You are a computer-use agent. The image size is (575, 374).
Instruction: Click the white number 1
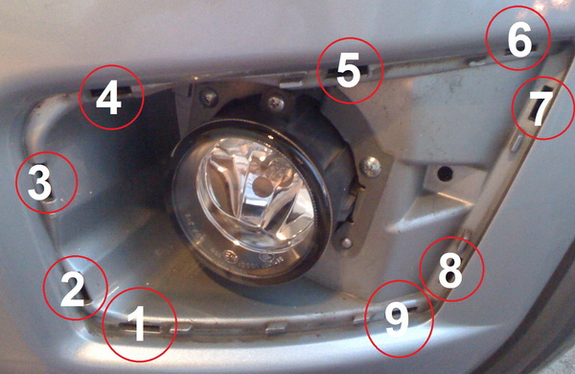pyautogui.click(x=138, y=324)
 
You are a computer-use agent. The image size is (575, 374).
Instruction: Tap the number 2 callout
pyautogui.click(x=74, y=290)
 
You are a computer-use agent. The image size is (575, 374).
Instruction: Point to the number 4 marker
pyautogui.click(x=108, y=97)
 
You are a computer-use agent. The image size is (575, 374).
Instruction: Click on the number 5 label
pyautogui.click(x=349, y=69)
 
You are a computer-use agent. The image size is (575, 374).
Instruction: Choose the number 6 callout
pyautogui.click(x=518, y=39)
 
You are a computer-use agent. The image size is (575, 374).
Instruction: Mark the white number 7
pyautogui.click(x=540, y=107)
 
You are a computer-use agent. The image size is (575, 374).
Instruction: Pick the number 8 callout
pyautogui.click(x=450, y=270)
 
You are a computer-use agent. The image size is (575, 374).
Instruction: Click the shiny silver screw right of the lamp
pyautogui.click(x=371, y=166)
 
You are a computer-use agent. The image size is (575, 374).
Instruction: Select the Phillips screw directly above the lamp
pyautogui.click(x=275, y=103)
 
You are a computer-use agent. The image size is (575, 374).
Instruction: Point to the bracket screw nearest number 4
pyautogui.click(x=208, y=97)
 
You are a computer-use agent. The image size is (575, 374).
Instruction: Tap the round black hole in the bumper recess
pyautogui.click(x=446, y=174)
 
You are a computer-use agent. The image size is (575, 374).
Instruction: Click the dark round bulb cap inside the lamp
pyautogui.click(x=262, y=186)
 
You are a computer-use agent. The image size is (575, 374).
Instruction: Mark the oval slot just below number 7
pyautogui.click(x=517, y=142)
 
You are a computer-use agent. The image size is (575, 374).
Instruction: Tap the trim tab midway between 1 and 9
pyautogui.click(x=277, y=328)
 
